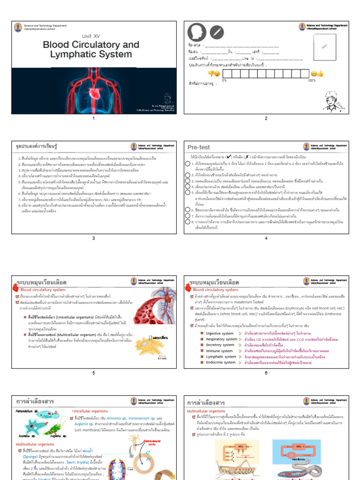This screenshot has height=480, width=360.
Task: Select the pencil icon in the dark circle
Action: tap(216, 32)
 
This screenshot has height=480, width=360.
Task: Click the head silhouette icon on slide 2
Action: tap(197, 32)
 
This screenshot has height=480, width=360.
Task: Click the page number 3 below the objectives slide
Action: tap(93, 238)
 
